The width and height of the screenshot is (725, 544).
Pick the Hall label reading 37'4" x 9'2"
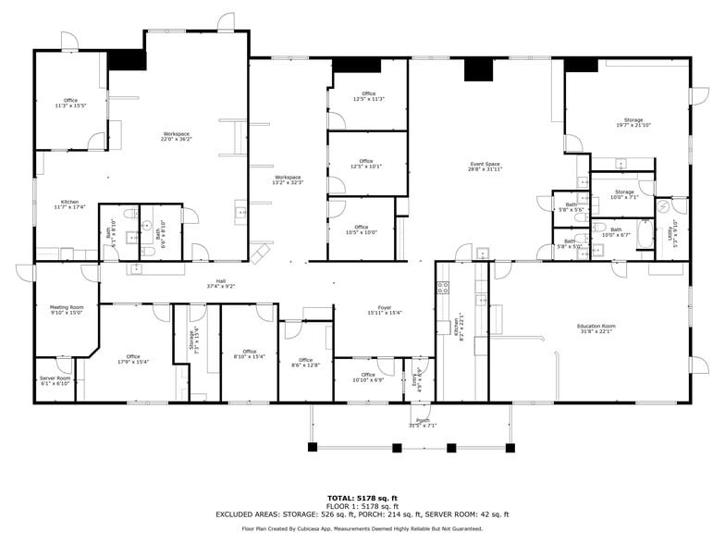point(221,283)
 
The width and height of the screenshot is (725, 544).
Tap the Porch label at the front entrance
point(422,423)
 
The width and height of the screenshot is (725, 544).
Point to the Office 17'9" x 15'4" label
point(133,359)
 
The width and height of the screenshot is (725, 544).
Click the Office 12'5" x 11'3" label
point(368,96)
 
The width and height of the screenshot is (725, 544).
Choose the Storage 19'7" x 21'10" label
point(633,122)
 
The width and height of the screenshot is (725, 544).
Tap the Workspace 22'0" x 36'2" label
point(175,137)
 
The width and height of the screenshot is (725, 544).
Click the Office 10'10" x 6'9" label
point(368,377)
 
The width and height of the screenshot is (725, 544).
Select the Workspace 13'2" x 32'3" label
point(288,179)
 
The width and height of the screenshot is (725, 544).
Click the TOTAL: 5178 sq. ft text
point(362,497)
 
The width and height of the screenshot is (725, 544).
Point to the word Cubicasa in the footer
point(329,529)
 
